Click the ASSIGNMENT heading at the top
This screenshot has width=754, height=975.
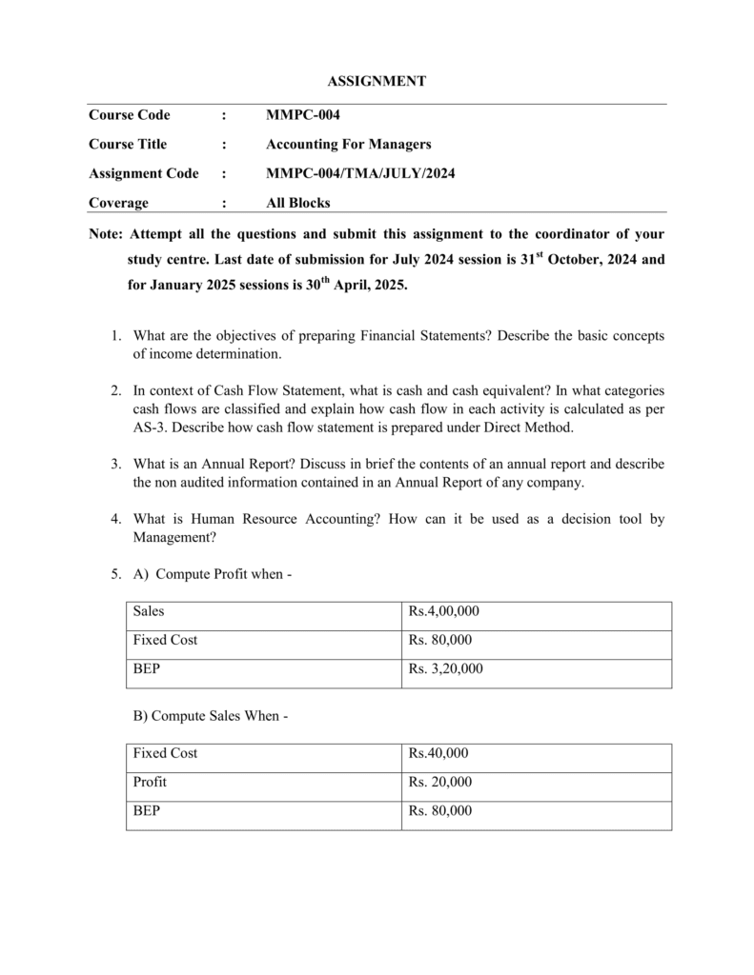point(377,82)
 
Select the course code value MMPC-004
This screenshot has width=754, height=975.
point(302,115)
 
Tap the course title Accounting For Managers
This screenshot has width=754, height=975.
point(348,145)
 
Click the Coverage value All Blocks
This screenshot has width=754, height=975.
point(297,203)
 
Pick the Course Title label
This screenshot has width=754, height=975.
point(128,145)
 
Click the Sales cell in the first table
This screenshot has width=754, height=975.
point(149,610)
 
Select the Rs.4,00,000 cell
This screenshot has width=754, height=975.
point(444,610)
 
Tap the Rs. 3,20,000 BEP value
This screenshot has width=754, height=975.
point(446,668)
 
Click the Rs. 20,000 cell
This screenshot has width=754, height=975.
point(440,782)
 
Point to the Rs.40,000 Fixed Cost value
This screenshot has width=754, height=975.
point(438,753)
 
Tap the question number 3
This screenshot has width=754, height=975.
point(113,464)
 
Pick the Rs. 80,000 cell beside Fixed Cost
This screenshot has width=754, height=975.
point(440,640)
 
